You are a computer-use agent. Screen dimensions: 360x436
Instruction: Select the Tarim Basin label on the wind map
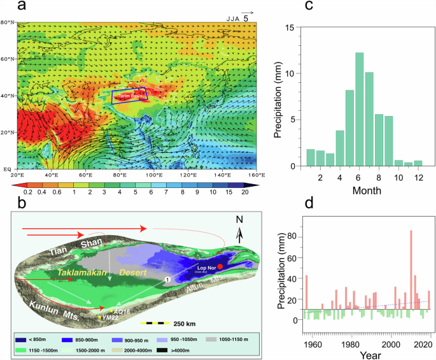tap(129, 96)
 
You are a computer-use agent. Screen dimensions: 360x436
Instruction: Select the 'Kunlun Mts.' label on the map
tap(53, 305)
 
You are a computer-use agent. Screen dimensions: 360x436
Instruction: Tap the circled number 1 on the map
tap(166, 279)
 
